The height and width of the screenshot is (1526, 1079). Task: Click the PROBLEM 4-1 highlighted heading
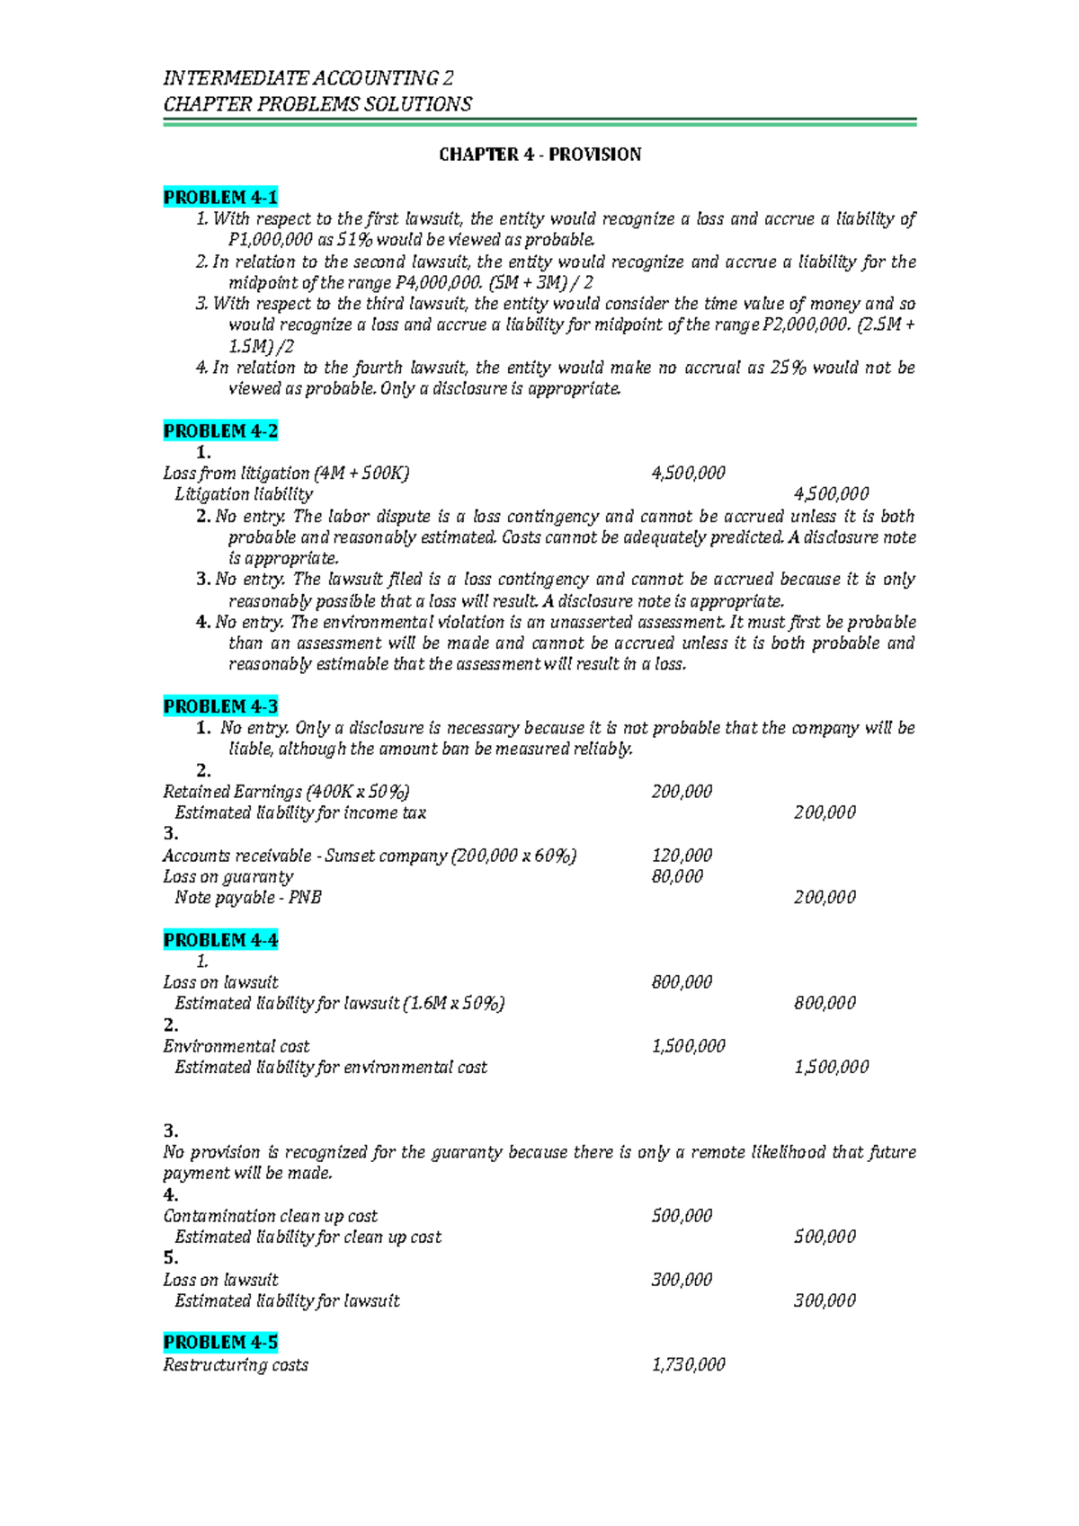[x=220, y=197]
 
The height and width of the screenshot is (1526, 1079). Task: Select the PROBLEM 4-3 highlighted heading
[x=220, y=706]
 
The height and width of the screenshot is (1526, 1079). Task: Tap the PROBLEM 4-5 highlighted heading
[x=220, y=1342]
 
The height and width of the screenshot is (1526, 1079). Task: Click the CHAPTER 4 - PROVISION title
[x=539, y=155]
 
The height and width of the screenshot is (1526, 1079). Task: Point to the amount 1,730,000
[x=688, y=1364]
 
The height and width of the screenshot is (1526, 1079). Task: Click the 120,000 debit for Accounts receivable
[x=682, y=856]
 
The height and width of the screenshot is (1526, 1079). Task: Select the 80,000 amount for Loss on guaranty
[x=677, y=876]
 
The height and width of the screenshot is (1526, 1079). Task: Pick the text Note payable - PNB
[x=248, y=897]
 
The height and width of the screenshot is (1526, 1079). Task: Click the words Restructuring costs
[x=236, y=1364]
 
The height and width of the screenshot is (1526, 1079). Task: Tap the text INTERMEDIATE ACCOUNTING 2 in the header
[x=308, y=78]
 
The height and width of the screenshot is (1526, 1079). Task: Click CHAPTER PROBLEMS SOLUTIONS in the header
[x=317, y=104]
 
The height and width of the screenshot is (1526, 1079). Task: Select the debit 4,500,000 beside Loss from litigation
[x=688, y=473]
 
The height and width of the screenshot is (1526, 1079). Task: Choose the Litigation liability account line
[x=244, y=494]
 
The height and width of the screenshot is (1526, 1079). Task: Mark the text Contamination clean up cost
[x=270, y=1216]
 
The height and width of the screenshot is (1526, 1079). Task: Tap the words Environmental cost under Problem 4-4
[x=236, y=1046]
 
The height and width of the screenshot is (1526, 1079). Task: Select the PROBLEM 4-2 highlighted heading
[x=220, y=430]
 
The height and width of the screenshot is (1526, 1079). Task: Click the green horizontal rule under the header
[x=539, y=122]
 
